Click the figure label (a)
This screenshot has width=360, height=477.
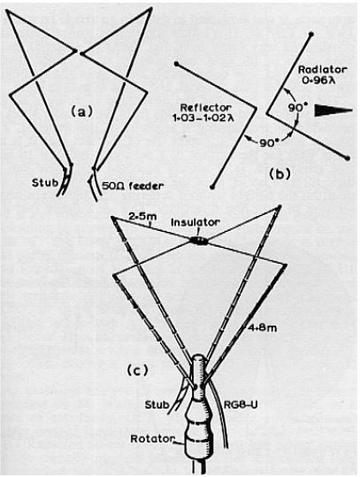pos(81,112)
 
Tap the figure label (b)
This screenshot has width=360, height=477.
pos(280,174)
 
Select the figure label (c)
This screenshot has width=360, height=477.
pos(137,371)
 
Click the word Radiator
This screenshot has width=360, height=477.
pos(322,70)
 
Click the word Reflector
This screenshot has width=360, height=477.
pos(206,107)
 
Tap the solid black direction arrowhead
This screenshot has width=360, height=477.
pos(333,110)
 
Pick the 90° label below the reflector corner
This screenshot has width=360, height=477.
pos(270,143)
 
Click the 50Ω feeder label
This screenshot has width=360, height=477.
pos(131,186)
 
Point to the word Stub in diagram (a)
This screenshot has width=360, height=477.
pos(45,183)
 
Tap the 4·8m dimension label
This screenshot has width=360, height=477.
pos(262,328)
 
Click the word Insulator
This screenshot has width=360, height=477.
pos(195,222)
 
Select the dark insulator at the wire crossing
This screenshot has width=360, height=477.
pos(198,241)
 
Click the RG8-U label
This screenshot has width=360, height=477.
pos(241,405)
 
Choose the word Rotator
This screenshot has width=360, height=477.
pos(153,439)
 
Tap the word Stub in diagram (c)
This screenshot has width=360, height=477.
pos(157,405)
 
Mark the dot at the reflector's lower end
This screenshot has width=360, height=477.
pos(212,187)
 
